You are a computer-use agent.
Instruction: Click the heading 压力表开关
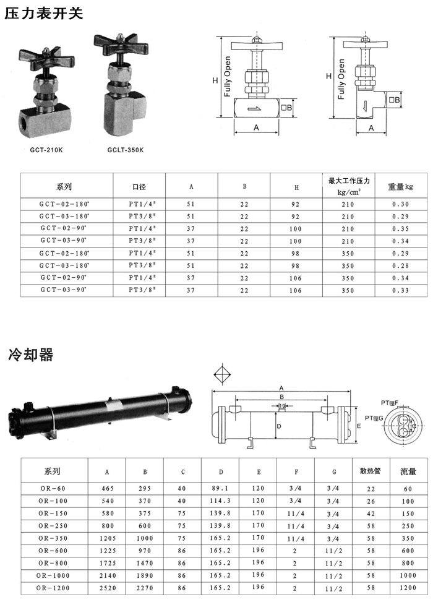click(44, 14)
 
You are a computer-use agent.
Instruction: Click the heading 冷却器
click(31, 355)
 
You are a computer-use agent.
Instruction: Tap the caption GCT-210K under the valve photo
click(46, 150)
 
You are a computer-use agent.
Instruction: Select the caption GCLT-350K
click(126, 150)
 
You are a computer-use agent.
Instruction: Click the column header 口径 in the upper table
click(139, 187)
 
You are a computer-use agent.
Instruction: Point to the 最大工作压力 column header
click(349, 181)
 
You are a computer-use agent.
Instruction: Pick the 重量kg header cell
click(400, 187)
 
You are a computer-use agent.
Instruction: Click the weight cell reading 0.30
click(400, 204)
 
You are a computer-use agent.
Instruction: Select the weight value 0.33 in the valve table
click(400, 290)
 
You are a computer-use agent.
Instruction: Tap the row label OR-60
click(53, 488)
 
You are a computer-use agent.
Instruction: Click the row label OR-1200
click(53, 588)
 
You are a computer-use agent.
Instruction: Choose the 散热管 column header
click(371, 471)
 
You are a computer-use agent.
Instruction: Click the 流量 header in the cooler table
click(408, 471)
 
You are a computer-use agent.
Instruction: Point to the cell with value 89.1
click(220, 488)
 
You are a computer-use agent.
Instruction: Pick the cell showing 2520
click(108, 588)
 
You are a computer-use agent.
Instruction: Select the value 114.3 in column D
click(220, 501)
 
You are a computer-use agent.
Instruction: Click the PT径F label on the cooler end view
click(390, 403)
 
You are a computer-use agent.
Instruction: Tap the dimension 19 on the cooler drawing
click(282, 405)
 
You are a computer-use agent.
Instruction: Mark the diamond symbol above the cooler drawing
click(223, 374)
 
